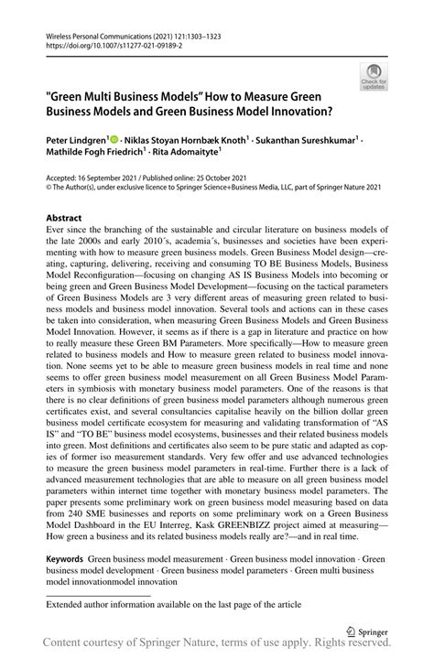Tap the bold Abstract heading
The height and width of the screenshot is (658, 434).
pos(63,219)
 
